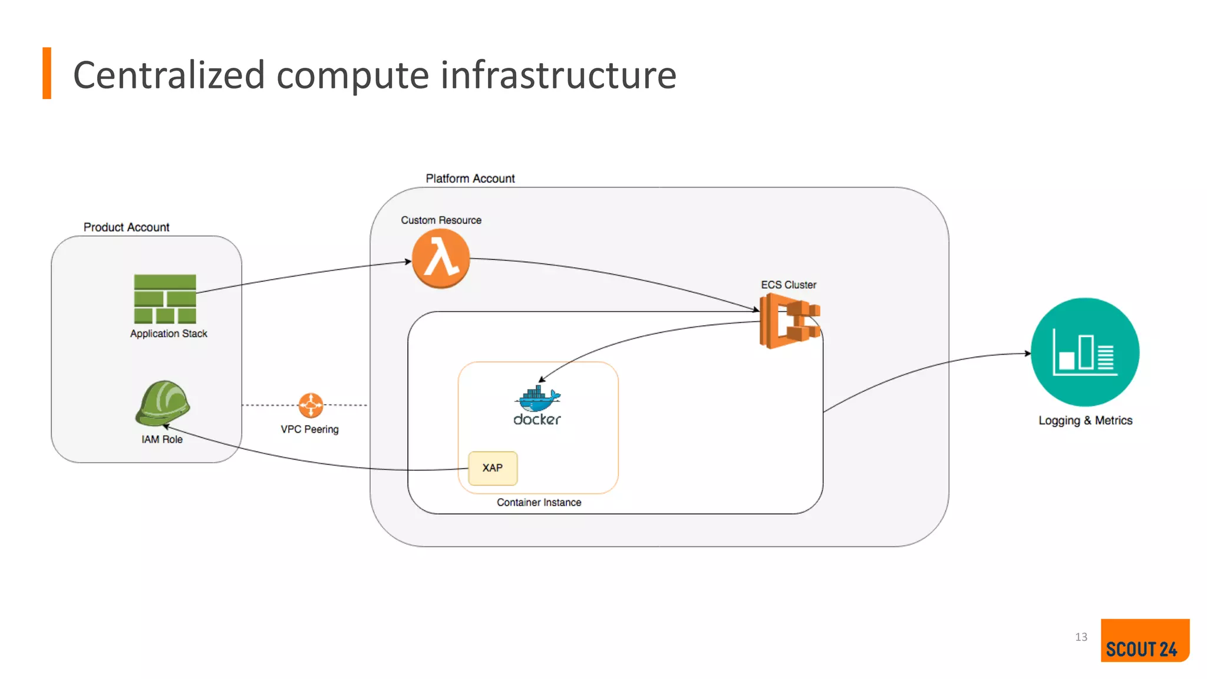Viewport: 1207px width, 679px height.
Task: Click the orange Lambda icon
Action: [x=440, y=258]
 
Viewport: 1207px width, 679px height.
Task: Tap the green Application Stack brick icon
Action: [x=165, y=299]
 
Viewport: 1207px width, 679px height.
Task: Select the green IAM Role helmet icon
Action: [x=163, y=403]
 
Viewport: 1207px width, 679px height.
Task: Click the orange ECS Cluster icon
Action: [x=789, y=321]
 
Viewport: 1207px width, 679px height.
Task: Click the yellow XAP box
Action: [x=493, y=468]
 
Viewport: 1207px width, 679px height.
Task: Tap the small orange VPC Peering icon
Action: [x=311, y=405]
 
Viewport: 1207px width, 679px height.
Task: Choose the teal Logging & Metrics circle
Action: [x=1084, y=352]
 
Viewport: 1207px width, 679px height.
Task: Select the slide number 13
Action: [x=1080, y=637]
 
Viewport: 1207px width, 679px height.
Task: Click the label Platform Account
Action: [x=470, y=179]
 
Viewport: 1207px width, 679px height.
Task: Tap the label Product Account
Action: [x=126, y=228]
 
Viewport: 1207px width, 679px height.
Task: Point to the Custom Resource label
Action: [x=441, y=220]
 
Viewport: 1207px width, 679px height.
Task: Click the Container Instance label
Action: [x=539, y=503]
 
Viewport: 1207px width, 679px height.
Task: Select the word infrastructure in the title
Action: [x=558, y=75]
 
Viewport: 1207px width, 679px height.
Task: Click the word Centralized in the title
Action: [x=169, y=75]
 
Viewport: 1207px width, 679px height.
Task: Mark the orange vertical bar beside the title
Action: [x=47, y=73]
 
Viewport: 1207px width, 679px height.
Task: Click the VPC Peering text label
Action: [x=309, y=430]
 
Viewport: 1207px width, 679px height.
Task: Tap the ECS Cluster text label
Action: [x=788, y=285]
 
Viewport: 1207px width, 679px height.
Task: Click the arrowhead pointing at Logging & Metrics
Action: [x=1027, y=354]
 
